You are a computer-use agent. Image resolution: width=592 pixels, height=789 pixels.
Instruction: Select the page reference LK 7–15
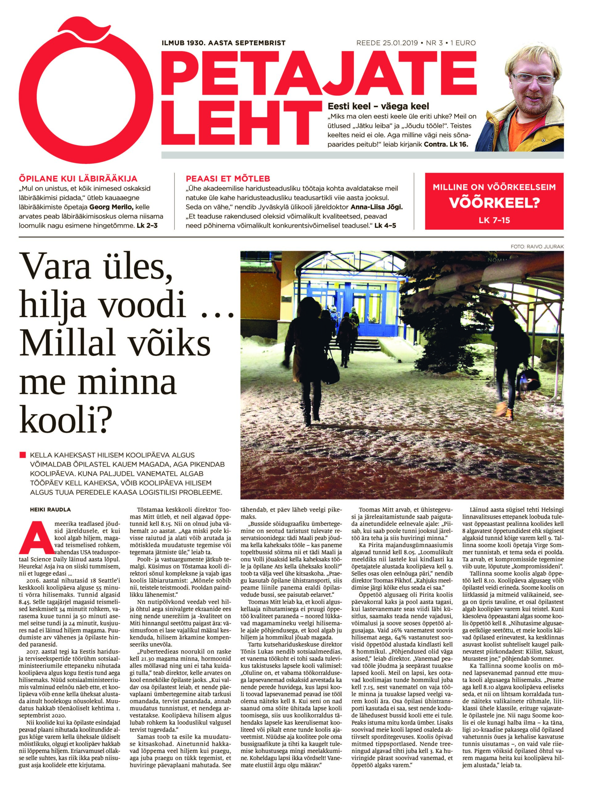pos(494,220)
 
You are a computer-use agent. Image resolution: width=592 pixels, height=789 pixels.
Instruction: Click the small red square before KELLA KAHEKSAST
pos(23,455)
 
